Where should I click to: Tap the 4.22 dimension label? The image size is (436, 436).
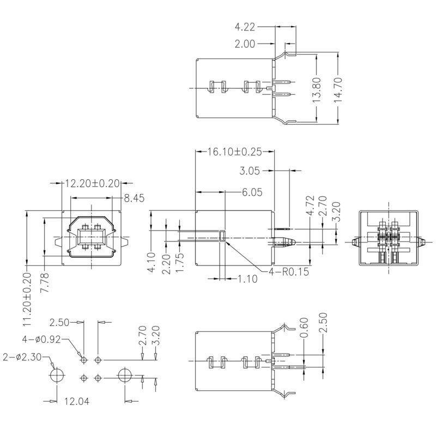click(246, 26)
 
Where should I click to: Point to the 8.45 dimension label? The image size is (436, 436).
click(135, 198)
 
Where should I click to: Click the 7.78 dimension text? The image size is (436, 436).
click(44, 283)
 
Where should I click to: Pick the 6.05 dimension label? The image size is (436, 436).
click(252, 192)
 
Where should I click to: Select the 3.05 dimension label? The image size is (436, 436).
click(250, 171)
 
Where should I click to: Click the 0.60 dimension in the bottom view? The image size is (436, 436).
click(304, 332)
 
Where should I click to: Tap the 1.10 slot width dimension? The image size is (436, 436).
click(247, 278)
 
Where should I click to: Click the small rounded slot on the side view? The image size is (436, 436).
click(222, 235)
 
